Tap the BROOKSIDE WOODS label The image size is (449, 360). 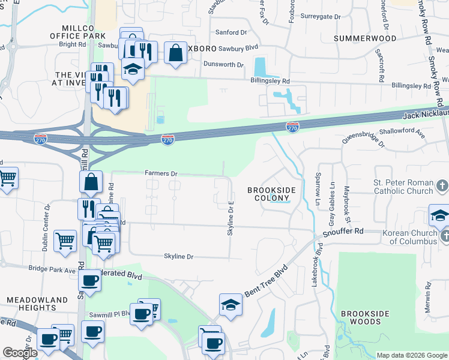point(365,317)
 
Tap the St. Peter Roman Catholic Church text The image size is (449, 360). point(403,187)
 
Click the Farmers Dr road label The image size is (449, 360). point(161,173)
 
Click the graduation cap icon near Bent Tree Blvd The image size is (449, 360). point(231,305)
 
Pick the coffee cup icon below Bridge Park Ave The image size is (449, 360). point(90,281)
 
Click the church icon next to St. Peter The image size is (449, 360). point(443,185)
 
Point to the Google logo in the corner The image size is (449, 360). point(20,353)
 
